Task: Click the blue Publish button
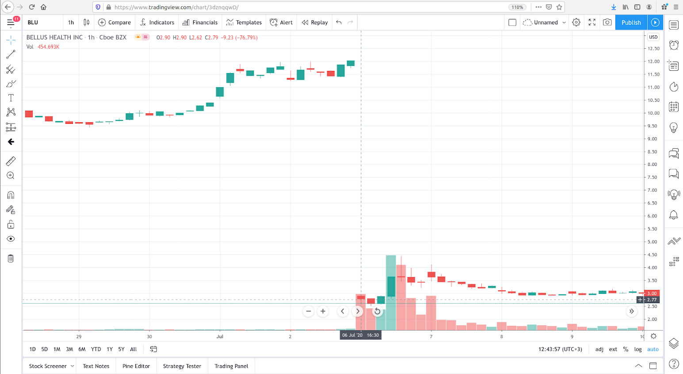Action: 631,23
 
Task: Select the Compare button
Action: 114,23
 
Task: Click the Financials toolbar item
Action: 200,23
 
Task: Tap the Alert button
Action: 281,23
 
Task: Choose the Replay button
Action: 315,23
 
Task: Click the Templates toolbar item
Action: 244,23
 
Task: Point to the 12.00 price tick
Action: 653,62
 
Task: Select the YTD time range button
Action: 96,349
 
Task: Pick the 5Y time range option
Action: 121,349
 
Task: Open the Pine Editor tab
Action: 136,366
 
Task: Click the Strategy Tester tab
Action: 182,366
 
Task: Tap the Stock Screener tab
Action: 48,366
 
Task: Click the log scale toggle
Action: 638,349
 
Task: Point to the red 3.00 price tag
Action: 652,293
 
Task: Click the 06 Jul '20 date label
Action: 352,335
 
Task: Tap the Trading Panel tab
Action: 231,366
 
